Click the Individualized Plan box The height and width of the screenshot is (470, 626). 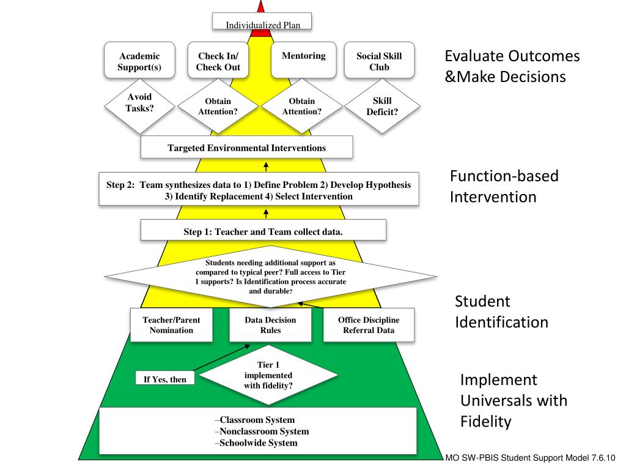[262, 23]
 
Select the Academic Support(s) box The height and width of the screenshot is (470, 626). [139, 61]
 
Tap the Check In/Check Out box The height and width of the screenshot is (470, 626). [218, 61]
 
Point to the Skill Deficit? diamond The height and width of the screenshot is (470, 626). [383, 106]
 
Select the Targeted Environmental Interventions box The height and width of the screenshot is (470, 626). [246, 147]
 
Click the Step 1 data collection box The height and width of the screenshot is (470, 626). [263, 231]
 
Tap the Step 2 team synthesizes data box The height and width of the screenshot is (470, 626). [259, 190]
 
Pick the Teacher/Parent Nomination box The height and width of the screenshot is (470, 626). [171, 325]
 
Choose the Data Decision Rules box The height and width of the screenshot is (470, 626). [270, 325]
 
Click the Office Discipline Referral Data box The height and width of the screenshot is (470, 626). [369, 325]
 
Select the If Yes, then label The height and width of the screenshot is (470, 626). [165, 379]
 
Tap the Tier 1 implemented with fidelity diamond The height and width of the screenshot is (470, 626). [267, 375]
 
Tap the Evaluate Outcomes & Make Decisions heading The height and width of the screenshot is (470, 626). [511, 67]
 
